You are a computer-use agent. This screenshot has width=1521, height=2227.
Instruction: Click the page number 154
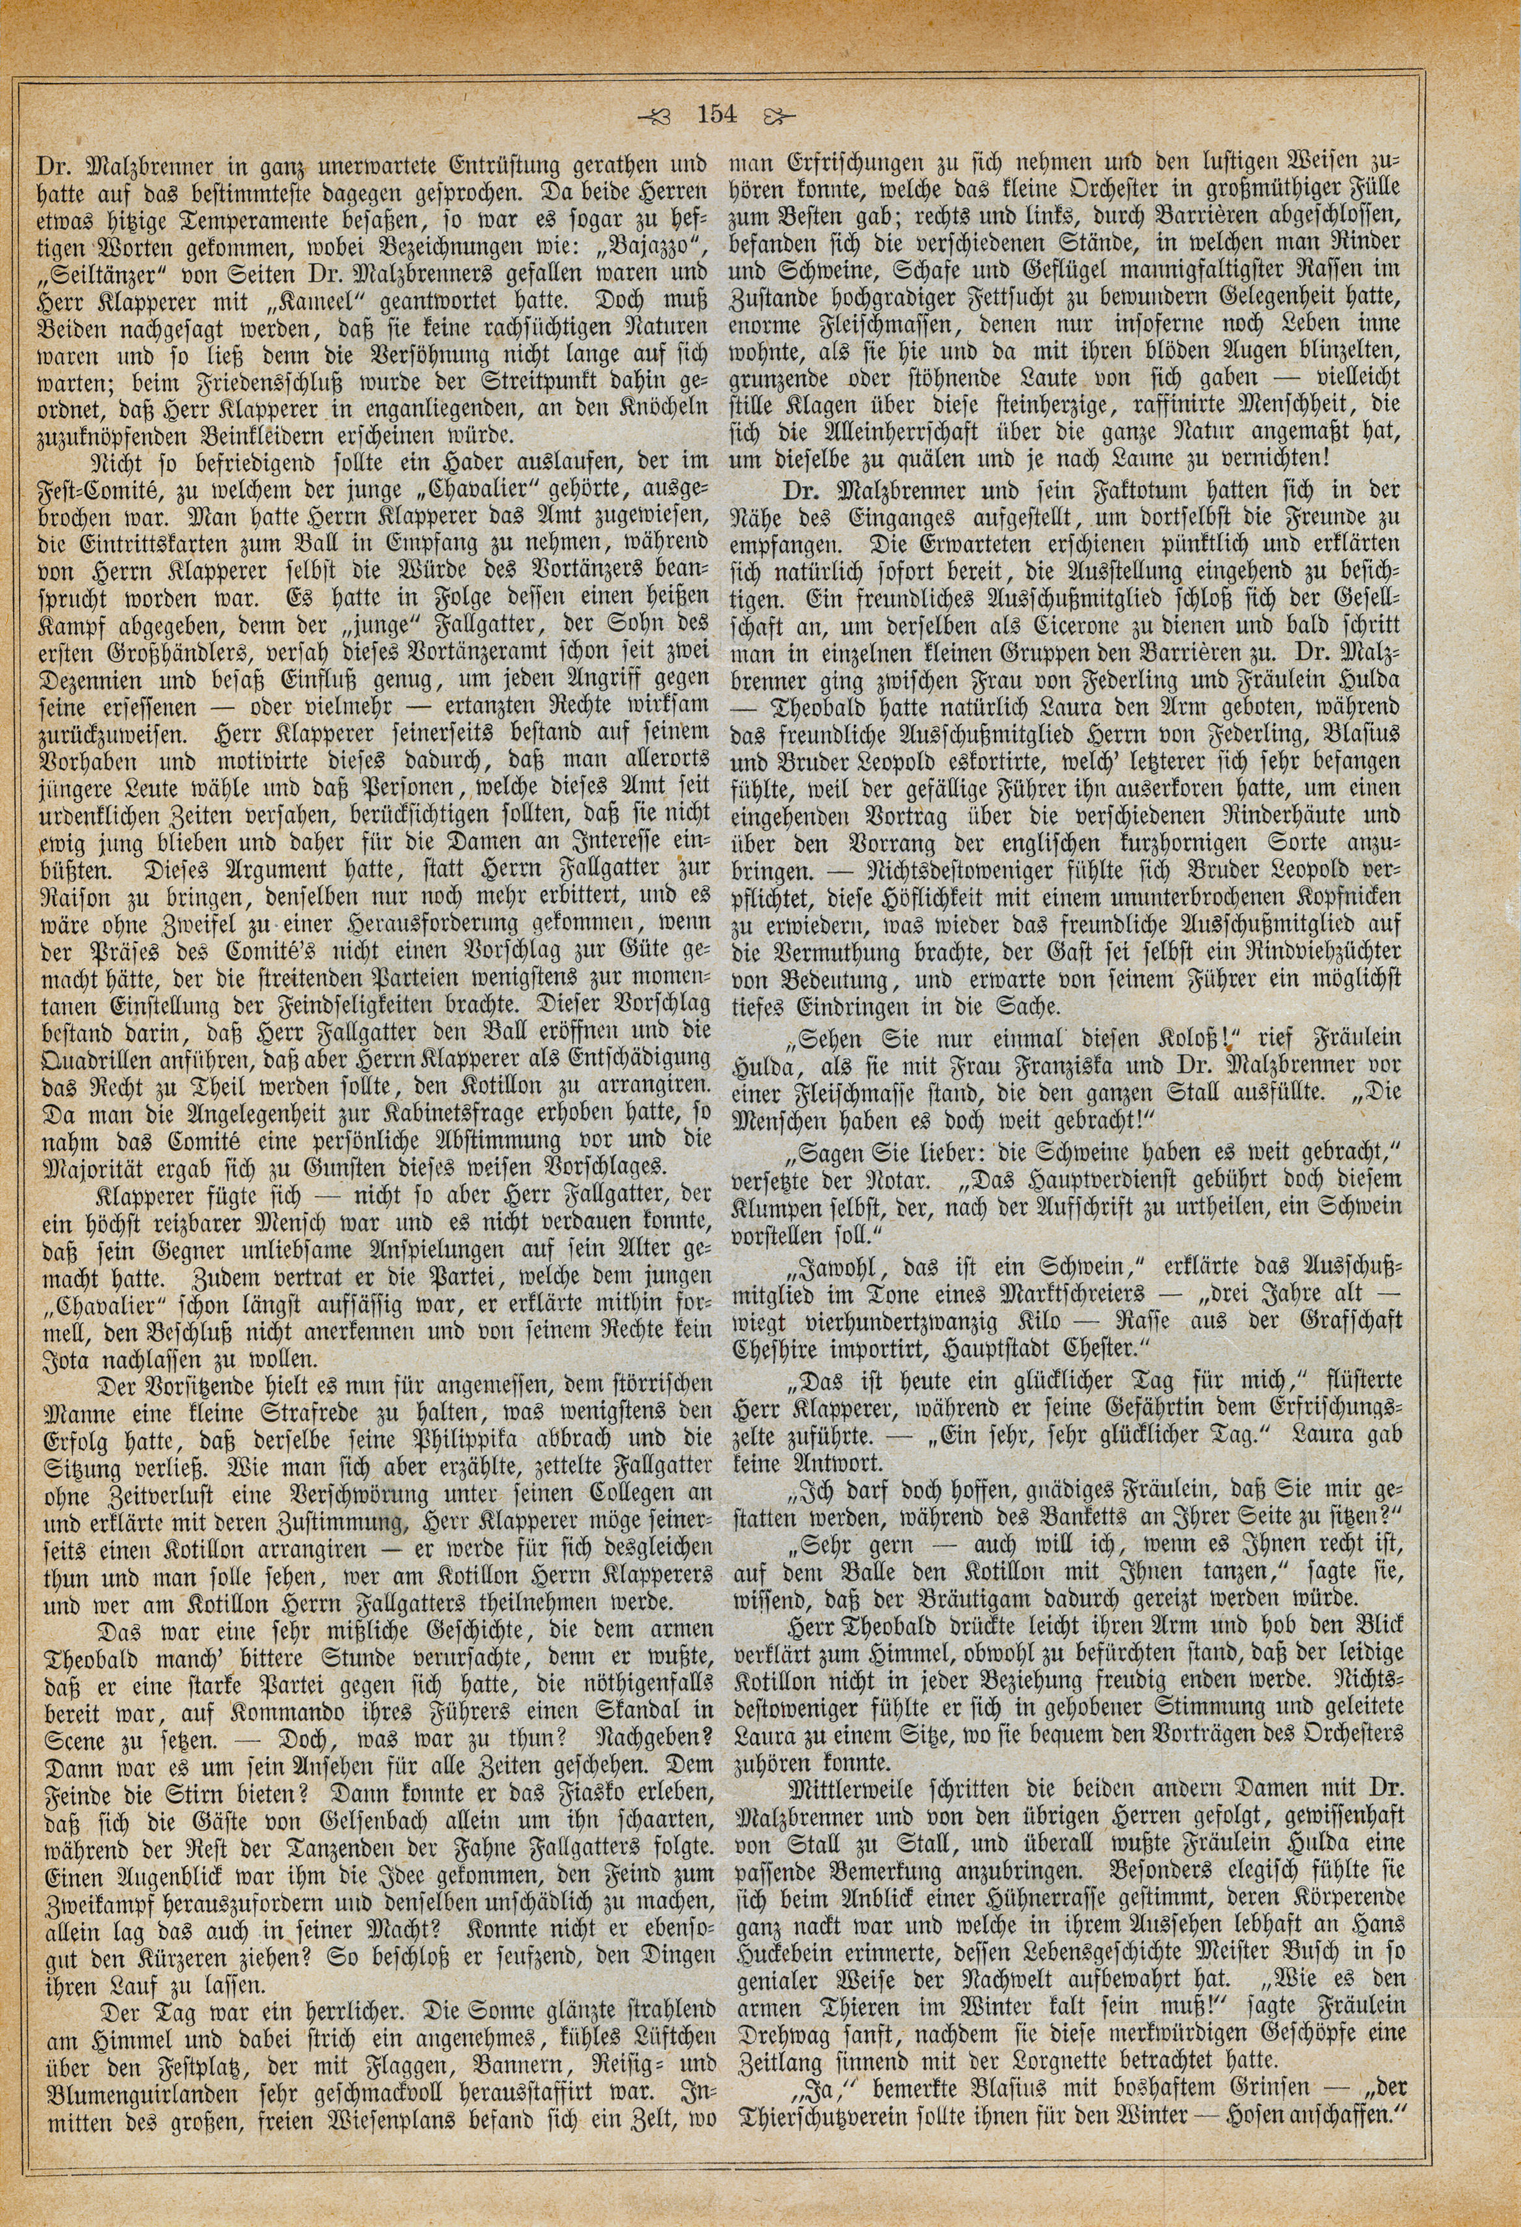[717, 116]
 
